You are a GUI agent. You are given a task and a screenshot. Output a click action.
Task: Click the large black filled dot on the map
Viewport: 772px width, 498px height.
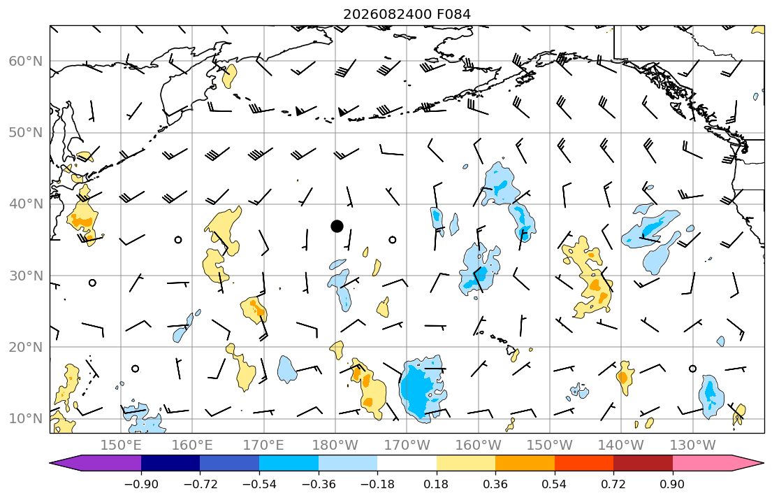coord(337,227)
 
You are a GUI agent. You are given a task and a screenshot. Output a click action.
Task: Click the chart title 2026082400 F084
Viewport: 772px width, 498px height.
coord(407,14)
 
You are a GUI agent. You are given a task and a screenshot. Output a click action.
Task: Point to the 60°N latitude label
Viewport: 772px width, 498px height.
coord(26,61)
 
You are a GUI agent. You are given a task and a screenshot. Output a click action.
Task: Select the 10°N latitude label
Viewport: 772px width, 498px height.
coord(26,419)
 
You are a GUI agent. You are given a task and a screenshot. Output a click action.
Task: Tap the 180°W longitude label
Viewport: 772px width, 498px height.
coord(335,446)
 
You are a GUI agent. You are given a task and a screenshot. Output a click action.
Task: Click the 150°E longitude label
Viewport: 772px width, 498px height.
coord(121,446)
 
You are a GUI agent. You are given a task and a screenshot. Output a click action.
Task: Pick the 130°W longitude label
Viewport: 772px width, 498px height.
coord(693,446)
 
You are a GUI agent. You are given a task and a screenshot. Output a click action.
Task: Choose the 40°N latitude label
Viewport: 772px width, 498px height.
coord(26,204)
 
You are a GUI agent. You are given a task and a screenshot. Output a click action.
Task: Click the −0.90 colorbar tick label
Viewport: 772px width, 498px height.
coord(141,484)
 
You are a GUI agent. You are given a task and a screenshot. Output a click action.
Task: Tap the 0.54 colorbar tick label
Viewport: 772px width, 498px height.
coord(555,484)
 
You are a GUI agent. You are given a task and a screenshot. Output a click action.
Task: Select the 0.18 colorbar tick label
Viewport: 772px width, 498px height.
coord(436,484)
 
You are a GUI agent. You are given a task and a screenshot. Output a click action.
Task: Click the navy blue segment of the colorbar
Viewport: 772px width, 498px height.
coord(170,463)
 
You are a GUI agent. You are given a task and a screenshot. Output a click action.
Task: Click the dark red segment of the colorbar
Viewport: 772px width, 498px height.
coord(643,463)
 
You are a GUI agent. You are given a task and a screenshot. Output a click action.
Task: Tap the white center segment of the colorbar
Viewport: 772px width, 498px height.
coord(407,463)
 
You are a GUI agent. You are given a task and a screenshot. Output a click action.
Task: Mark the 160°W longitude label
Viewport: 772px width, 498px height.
coord(478,446)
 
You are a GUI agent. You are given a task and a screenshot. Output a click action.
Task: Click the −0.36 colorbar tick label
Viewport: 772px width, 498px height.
coord(319,484)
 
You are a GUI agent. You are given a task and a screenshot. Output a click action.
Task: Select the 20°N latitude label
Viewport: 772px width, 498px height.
coord(26,347)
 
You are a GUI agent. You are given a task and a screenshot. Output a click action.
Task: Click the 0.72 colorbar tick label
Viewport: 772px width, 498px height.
coord(613,484)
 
